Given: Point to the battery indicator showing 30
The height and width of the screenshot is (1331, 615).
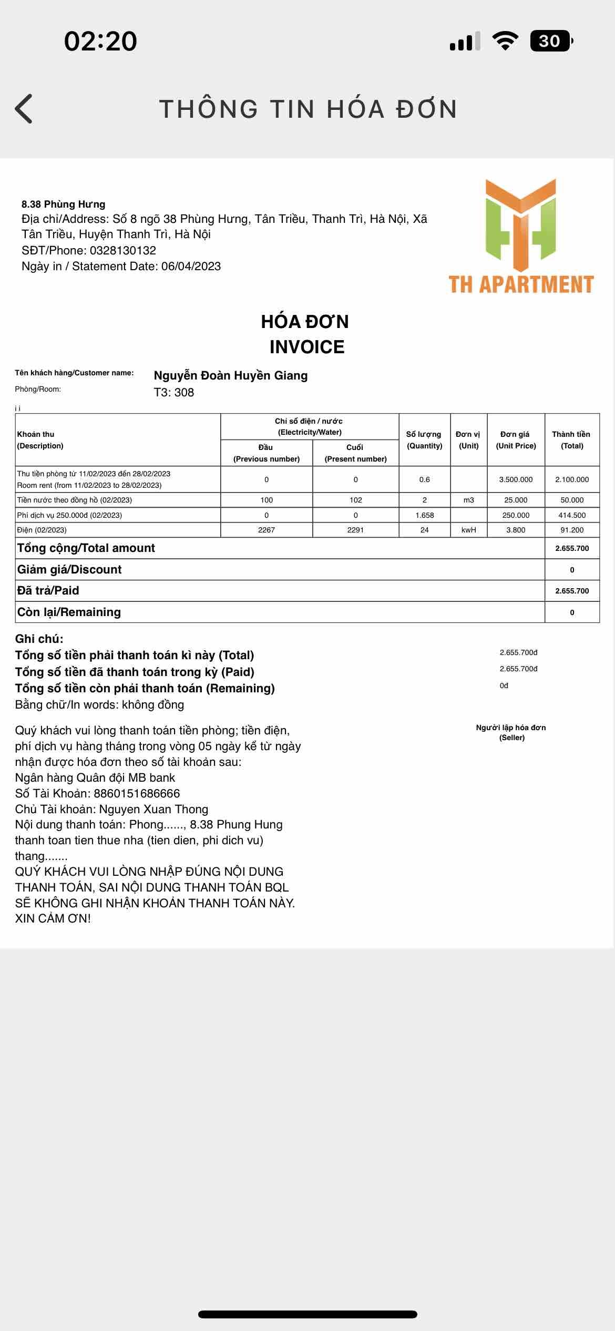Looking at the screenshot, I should (x=550, y=41).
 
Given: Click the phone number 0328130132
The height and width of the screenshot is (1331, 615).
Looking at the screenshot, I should (x=123, y=250).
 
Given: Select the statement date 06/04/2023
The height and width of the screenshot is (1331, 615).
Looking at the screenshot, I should (x=191, y=266).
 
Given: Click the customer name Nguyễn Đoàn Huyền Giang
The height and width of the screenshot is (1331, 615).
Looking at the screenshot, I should (x=230, y=375).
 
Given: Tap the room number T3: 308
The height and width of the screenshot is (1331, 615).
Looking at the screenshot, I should (x=173, y=392).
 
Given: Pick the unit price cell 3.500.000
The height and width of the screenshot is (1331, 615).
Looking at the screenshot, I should (x=516, y=479).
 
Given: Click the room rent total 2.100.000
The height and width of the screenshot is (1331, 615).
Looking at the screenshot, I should (x=572, y=479).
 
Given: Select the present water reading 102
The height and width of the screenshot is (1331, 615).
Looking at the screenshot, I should (x=356, y=500).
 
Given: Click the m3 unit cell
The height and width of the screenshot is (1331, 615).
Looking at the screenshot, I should (x=469, y=500).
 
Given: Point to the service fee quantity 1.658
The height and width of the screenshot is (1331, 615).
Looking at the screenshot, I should (x=424, y=515).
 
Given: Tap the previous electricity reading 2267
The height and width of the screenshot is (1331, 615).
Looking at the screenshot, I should (x=266, y=530).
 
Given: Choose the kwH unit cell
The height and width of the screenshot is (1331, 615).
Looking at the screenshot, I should (x=469, y=530).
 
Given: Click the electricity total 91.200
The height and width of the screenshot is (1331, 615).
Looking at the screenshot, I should (x=572, y=530).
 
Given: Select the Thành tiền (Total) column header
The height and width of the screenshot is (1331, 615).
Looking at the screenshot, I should (x=571, y=440).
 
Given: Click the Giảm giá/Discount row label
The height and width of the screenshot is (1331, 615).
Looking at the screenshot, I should (x=69, y=569).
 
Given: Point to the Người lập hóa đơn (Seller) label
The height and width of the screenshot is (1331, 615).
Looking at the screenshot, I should (x=511, y=732).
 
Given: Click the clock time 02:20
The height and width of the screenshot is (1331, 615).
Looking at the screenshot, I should (x=100, y=41).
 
